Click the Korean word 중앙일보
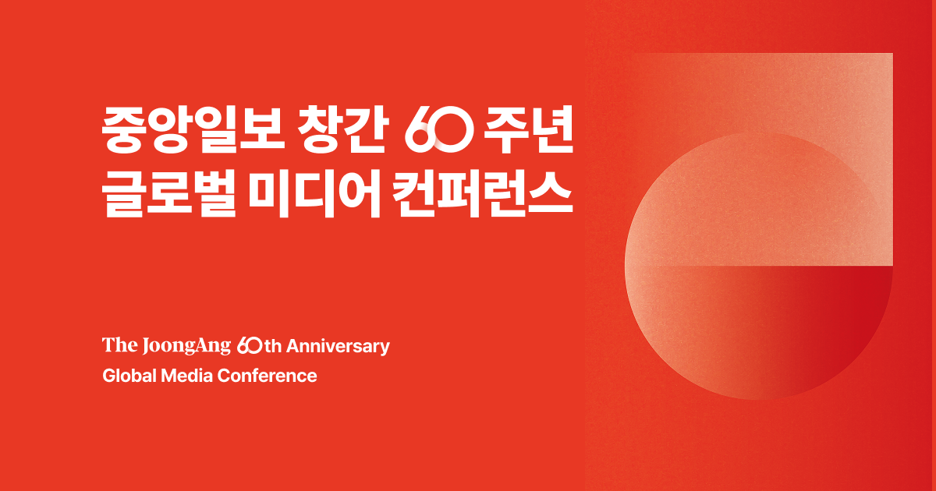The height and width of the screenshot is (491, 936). point(193,130)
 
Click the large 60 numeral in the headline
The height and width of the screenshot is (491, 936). point(439,130)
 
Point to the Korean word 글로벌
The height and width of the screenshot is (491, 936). point(168,194)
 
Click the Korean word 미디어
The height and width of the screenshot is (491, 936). point(314,194)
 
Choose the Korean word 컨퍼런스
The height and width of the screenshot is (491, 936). point(482,194)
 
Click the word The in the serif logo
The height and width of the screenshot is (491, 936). point(120,345)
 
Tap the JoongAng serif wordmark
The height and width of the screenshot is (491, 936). point(186,346)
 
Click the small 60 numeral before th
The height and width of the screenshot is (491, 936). point(250,346)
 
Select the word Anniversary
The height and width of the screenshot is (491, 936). point(338,347)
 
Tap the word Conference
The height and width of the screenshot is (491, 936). point(267,376)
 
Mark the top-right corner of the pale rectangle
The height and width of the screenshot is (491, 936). point(893,54)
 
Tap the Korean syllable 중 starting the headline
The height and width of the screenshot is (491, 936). point(124,130)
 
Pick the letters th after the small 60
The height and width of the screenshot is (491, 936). point(273,347)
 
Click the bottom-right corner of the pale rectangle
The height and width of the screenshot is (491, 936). point(893,266)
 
